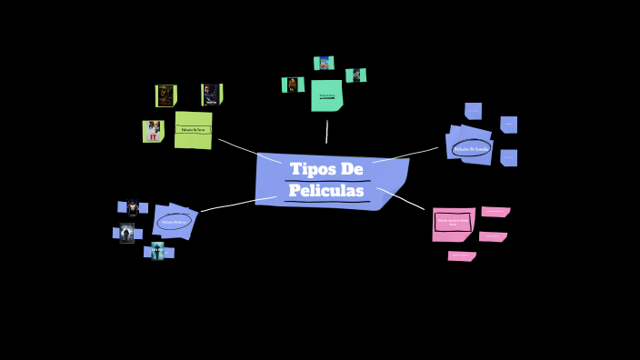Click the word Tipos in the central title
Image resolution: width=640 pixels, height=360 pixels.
[x=311, y=170]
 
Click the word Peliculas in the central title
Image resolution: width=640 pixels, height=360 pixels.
[x=326, y=191]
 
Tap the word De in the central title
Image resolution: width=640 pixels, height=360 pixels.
[x=351, y=170]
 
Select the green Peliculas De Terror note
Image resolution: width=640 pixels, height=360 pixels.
[x=193, y=130]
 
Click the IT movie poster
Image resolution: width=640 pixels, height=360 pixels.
[x=152, y=131]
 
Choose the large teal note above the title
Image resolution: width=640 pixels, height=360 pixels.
[x=326, y=95]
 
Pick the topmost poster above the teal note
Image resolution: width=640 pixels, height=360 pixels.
[x=324, y=63]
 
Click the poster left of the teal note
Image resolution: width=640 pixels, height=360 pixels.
[x=293, y=85]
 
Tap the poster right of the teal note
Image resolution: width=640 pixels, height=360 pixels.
[x=355, y=75]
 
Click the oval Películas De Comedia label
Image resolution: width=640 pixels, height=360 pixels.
[x=472, y=148]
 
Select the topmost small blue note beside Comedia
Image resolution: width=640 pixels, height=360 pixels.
[x=473, y=111]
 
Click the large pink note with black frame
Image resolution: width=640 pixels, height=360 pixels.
[x=453, y=222]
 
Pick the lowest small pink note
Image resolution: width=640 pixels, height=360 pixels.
[x=462, y=256]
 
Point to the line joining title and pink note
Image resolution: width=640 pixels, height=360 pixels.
[x=401, y=198]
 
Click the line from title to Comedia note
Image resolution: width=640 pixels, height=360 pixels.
[x=406, y=155]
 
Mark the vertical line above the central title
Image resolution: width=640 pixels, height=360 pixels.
[x=326, y=132]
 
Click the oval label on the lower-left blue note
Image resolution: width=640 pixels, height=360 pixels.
[x=173, y=221]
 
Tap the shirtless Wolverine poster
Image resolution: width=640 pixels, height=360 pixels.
[x=127, y=233]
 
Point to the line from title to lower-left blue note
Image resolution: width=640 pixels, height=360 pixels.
[x=236, y=204]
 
